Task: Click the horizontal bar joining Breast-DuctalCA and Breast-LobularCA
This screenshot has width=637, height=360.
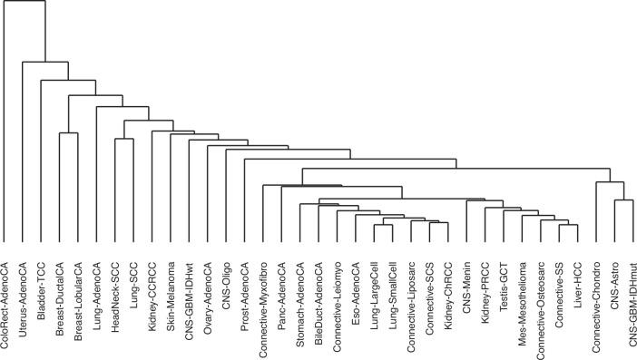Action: tap(69, 133)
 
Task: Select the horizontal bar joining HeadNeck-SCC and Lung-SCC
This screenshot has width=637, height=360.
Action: tap(124, 139)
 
